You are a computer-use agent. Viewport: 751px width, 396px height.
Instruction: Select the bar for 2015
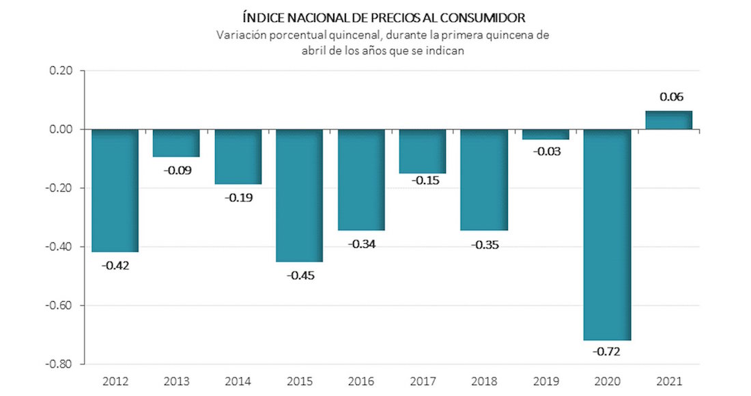point(299,195)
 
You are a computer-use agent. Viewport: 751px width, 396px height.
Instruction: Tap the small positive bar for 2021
point(668,120)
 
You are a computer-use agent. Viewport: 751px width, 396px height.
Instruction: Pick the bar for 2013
point(176,143)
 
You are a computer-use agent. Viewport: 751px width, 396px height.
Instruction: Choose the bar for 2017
point(423,151)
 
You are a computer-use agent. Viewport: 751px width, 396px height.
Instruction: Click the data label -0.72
point(607,352)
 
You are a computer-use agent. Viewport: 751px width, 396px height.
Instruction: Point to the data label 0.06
point(671,97)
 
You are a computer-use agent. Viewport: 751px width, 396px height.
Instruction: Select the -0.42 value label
point(115,265)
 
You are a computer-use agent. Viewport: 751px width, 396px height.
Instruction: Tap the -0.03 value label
point(546,152)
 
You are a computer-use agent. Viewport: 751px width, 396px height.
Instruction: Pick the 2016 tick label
point(361,380)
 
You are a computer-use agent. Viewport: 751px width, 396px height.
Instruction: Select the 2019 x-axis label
point(545,380)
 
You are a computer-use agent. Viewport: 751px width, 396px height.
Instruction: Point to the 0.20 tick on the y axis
point(61,70)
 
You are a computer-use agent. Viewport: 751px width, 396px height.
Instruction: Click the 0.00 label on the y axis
point(61,129)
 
